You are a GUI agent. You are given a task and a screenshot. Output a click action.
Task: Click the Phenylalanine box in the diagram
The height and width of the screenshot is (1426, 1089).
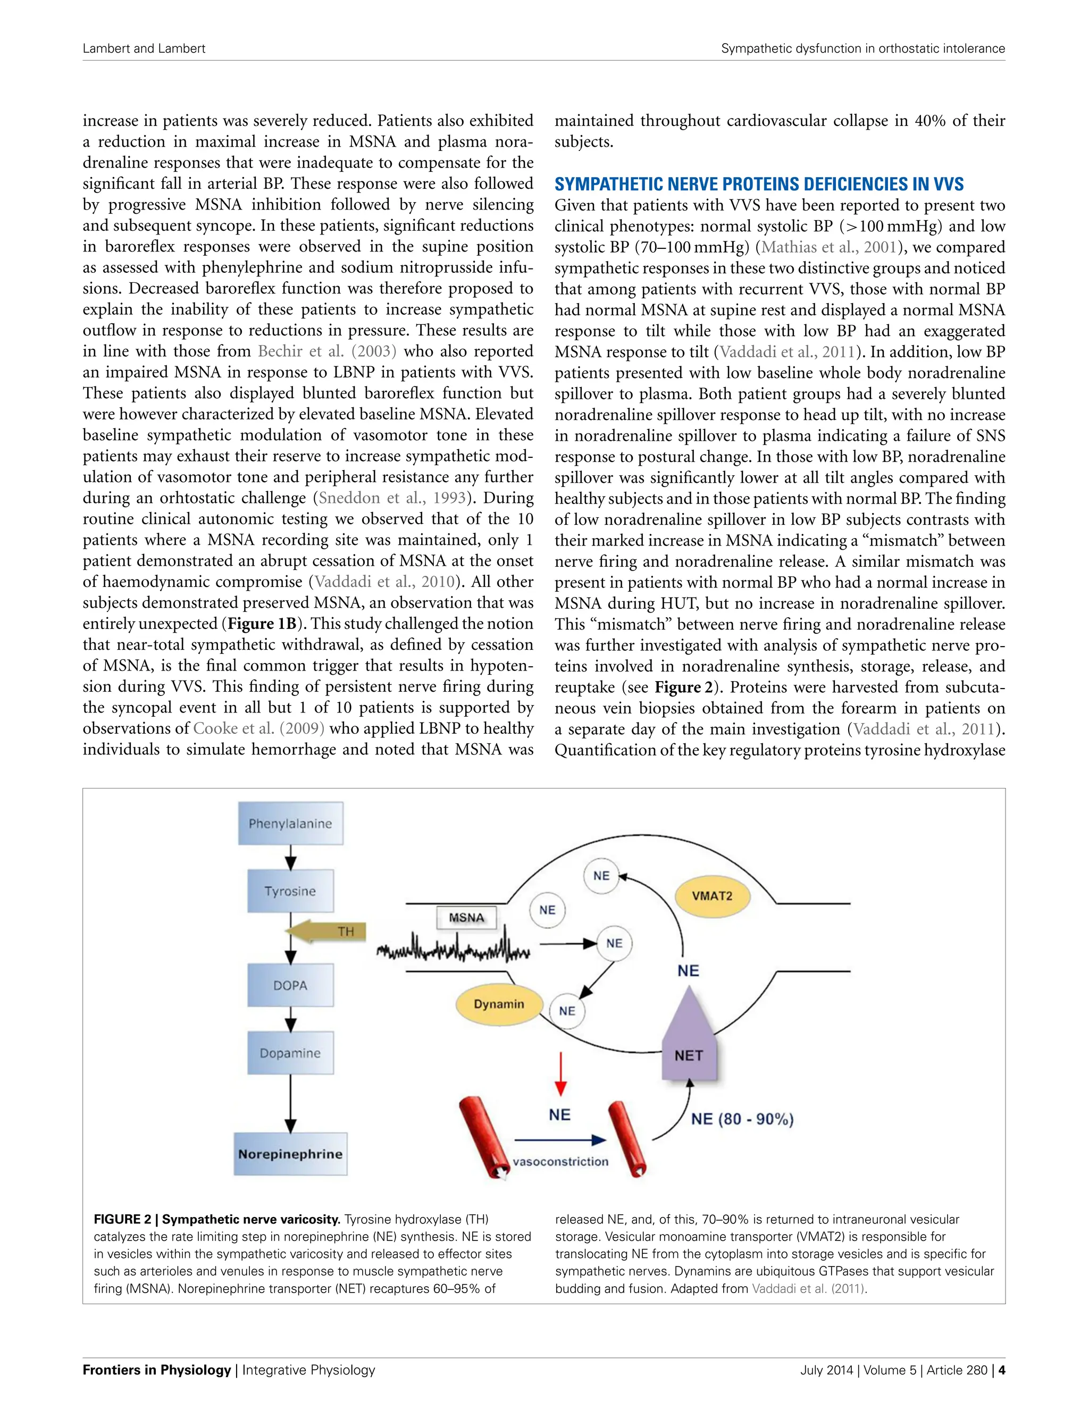point(290,823)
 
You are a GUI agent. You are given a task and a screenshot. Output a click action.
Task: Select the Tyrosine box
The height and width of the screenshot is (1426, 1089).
point(290,891)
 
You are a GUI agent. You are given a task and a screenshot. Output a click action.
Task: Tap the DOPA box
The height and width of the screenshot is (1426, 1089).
point(290,985)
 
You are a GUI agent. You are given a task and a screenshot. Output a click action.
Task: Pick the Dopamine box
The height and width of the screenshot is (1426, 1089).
point(290,1053)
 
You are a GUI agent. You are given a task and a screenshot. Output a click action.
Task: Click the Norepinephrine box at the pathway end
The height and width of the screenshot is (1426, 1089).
point(290,1154)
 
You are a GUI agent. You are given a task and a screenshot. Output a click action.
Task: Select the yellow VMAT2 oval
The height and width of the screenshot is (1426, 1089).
point(712,896)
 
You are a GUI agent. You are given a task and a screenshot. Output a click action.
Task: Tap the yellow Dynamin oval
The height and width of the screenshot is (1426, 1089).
point(498,1004)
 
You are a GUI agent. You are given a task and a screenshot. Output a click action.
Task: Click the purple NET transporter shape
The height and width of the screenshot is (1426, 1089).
point(689,1044)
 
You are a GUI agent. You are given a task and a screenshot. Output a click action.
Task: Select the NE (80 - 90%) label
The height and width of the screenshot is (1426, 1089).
point(742,1119)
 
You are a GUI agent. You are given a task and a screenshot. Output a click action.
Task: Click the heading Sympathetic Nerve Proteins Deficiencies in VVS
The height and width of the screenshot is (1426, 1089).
point(758,184)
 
